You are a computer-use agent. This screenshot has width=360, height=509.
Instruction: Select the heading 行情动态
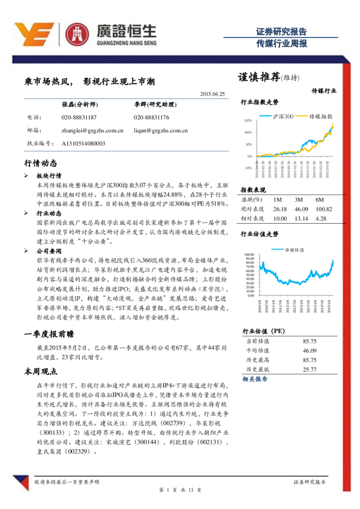click(x=41, y=163)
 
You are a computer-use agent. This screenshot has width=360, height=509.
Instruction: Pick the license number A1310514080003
click(x=83, y=143)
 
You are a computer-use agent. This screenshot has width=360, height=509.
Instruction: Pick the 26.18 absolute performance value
click(x=280, y=209)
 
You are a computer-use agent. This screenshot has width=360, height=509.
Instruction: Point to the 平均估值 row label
click(x=258, y=350)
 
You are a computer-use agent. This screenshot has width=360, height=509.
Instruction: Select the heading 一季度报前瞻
click(x=48, y=333)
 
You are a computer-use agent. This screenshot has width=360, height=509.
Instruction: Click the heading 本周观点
click(x=41, y=371)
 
